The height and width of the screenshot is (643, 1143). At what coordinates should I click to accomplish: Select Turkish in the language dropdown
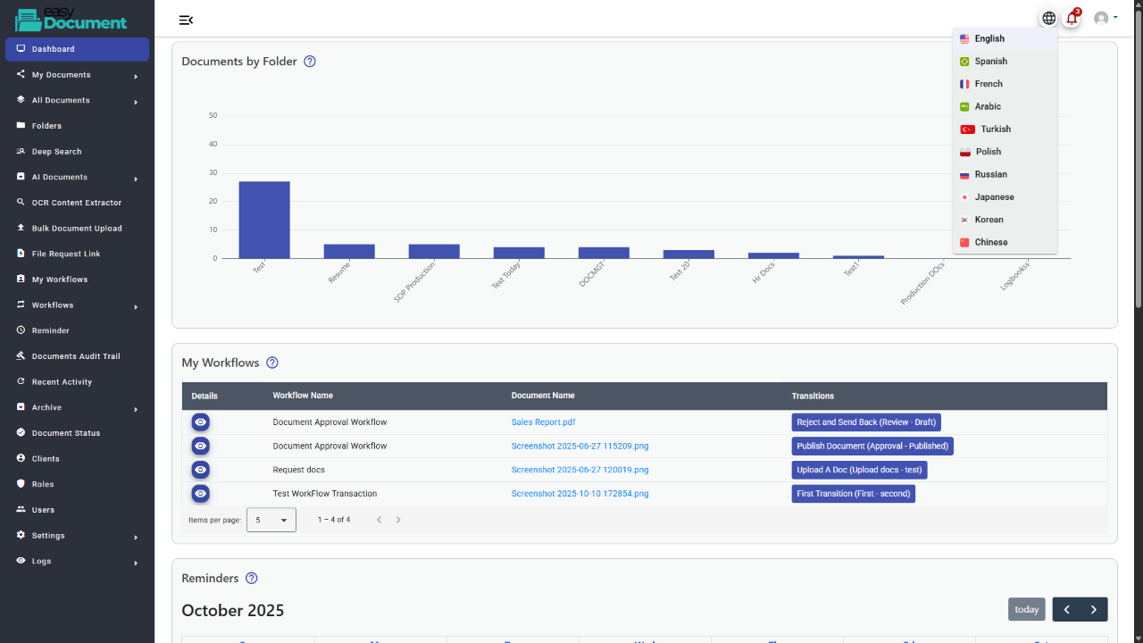(995, 129)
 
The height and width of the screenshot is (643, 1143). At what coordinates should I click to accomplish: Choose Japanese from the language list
(994, 197)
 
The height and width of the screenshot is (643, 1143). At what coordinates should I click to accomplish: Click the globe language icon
(1049, 18)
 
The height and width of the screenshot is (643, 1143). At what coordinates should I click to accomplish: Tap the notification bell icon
(1072, 18)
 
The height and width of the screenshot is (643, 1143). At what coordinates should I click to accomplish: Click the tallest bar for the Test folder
(263, 220)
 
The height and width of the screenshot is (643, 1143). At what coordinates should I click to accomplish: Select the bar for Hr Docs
(773, 255)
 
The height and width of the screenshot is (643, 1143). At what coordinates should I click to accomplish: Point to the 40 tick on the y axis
(213, 144)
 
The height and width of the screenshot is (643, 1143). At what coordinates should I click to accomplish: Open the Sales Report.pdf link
(543, 422)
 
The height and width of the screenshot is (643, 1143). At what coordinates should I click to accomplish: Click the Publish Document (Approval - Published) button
(872, 446)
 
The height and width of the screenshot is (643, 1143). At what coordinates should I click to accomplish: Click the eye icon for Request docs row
(201, 470)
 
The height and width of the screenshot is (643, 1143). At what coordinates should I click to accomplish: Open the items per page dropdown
(271, 520)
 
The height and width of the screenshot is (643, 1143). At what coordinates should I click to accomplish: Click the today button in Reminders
(1026, 609)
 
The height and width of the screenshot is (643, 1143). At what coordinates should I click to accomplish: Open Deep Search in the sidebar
(56, 152)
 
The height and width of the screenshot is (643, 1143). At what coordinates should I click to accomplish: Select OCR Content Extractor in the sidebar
(76, 203)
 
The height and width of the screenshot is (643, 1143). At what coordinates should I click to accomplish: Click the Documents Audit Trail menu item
(76, 356)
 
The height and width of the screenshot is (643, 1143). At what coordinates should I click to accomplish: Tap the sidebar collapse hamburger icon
(186, 20)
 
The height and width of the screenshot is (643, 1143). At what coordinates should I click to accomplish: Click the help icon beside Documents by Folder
(310, 62)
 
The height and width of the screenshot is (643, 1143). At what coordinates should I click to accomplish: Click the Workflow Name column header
(303, 396)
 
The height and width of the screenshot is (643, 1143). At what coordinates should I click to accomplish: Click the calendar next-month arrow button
(1094, 609)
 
